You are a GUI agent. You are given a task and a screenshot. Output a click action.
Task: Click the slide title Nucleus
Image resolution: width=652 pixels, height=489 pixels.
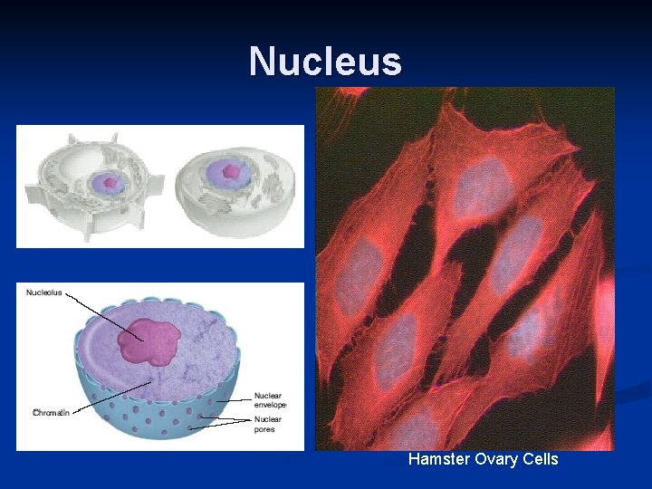[325, 62]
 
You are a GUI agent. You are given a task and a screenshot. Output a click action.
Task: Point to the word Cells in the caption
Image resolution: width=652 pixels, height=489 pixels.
[539, 459]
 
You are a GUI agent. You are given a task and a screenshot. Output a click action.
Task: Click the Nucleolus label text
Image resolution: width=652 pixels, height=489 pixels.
[44, 292]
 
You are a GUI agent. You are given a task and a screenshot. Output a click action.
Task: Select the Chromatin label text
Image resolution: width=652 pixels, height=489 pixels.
[51, 412]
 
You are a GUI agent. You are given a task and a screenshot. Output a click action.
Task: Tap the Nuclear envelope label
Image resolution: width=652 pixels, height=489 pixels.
[269, 400]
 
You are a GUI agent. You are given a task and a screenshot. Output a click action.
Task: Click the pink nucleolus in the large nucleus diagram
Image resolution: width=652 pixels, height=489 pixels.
[146, 341]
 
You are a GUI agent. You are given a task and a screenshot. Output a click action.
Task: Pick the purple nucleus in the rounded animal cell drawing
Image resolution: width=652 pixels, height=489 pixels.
[228, 171]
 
